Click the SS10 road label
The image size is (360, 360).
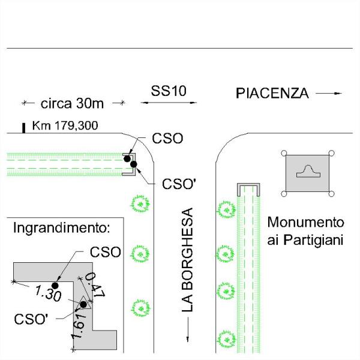click(x=169, y=91)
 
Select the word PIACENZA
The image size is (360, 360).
click(x=272, y=93)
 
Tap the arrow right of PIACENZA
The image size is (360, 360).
click(x=329, y=93)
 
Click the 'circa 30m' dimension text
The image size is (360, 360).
click(x=73, y=103)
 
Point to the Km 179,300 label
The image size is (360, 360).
click(x=65, y=126)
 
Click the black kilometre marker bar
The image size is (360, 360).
click(x=23, y=127)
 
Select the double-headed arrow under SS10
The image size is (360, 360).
click(x=169, y=103)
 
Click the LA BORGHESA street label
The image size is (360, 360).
click(x=188, y=260)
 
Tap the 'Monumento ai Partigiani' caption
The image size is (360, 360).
click(x=305, y=231)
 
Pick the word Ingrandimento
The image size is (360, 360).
click(x=62, y=229)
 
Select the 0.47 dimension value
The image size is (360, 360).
click(x=95, y=285)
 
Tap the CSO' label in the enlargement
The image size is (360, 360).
click(x=31, y=319)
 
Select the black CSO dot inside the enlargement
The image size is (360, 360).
click(x=55, y=285)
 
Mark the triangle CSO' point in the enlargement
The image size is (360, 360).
click(x=82, y=304)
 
